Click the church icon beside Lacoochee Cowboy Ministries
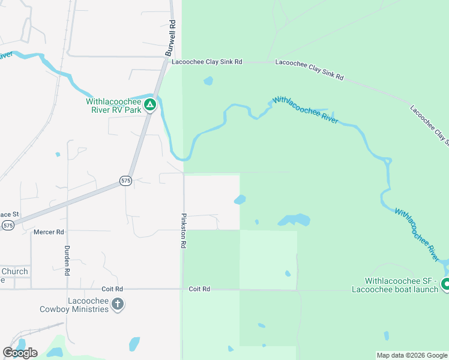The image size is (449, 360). point(117,304)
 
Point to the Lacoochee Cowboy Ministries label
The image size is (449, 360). point(74,304)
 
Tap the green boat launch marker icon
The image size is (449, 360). point(445,284)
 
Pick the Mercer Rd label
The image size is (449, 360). point(49,232)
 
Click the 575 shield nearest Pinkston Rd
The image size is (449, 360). point(125,181)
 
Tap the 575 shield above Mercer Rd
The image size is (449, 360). point(7,225)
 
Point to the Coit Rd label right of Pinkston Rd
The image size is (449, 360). point(199,289)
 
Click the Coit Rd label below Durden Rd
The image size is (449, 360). point(112,289)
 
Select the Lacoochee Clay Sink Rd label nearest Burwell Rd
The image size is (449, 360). point(206,62)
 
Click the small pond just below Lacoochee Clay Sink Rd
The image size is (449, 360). point(208,80)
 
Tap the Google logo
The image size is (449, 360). point(19,352)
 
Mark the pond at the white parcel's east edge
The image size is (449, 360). point(240,199)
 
